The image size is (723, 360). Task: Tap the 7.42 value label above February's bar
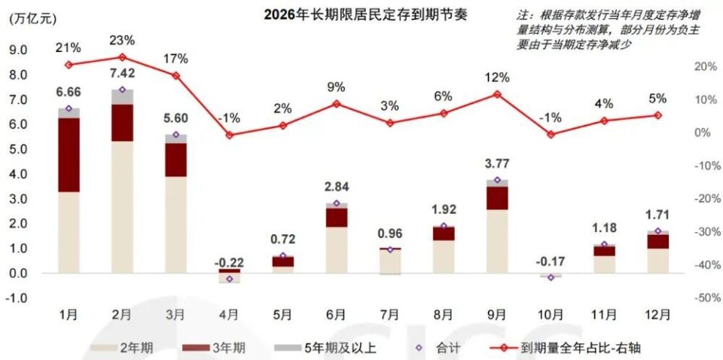pyautogui.click(x=122, y=73)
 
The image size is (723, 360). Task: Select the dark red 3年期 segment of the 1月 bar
pyautogui.click(x=69, y=154)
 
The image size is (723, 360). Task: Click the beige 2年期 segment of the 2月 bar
pyautogui.click(x=122, y=207)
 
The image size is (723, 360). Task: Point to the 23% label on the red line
pyautogui.click(x=122, y=41)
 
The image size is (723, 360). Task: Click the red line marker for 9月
pyautogui.click(x=497, y=94)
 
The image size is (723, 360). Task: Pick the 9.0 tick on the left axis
pyautogui.click(x=18, y=50)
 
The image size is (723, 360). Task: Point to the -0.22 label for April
pyautogui.click(x=229, y=262)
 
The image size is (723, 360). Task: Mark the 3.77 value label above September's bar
pyautogui.click(x=497, y=164)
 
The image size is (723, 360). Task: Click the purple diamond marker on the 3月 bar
pyautogui.click(x=175, y=136)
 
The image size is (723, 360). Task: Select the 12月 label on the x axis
pyautogui.click(x=657, y=314)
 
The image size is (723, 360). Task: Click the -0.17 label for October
pyautogui.click(x=551, y=263)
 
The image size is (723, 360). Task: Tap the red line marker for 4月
pyautogui.click(x=229, y=136)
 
